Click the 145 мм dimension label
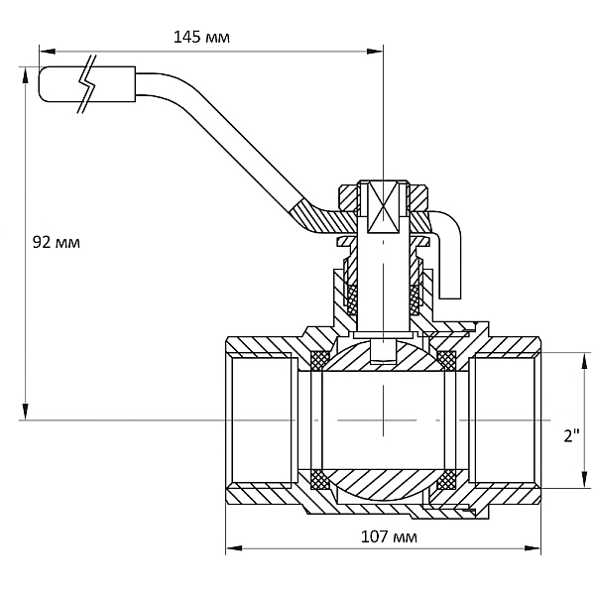(x=201, y=38)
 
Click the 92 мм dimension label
(x=57, y=242)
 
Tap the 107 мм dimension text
(x=389, y=536)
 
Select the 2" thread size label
(x=572, y=435)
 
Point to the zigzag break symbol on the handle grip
(x=87, y=84)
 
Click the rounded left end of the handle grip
(x=41, y=84)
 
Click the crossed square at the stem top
(x=383, y=207)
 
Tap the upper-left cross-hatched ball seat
(x=320, y=360)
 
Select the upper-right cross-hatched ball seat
(x=446, y=360)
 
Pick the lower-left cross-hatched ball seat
(x=320, y=480)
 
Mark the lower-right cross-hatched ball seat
(x=446, y=480)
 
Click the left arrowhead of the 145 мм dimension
(x=47, y=52)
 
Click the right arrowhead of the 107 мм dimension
(x=533, y=548)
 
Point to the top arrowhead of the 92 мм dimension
(x=26, y=75)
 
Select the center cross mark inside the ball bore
(x=383, y=420)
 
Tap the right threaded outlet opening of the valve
(x=503, y=419)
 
